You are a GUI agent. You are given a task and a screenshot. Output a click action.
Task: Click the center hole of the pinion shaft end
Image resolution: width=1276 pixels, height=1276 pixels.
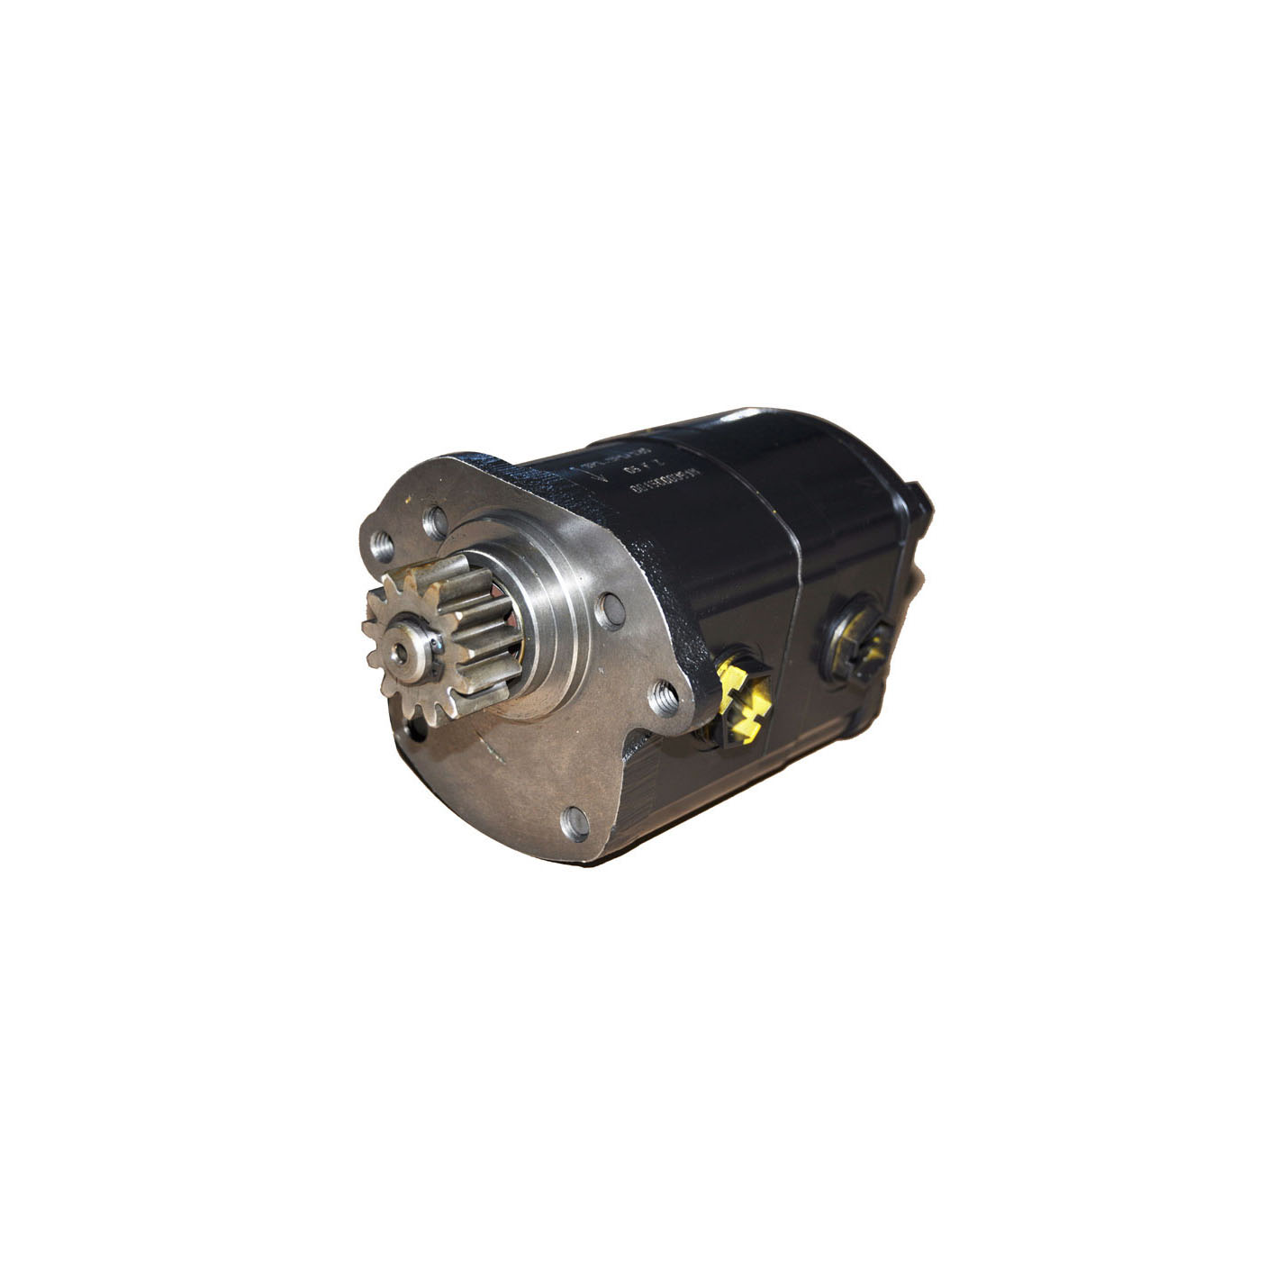coord(400,649)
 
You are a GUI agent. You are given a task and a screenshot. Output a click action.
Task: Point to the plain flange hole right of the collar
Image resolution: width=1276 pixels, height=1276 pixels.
coord(611,608)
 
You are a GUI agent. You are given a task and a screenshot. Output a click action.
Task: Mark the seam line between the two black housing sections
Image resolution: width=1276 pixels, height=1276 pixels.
coord(792,576)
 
